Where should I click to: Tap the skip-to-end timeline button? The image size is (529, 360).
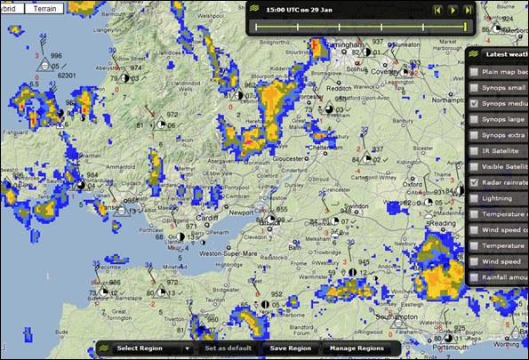point(469,10)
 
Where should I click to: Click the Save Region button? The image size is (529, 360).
point(290,348)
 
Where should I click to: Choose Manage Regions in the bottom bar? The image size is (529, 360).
point(357,348)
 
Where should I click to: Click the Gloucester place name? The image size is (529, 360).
point(278,152)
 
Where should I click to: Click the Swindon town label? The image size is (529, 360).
point(356,205)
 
